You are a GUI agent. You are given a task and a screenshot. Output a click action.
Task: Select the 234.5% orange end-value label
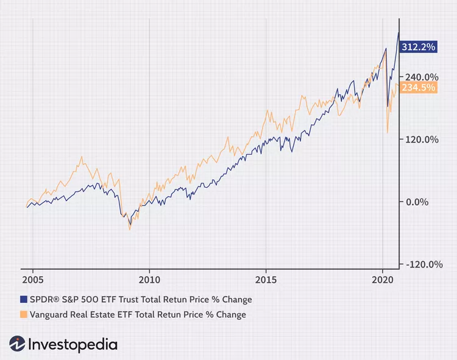pos(419,88)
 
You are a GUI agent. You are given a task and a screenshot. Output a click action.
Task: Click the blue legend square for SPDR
pos(24,300)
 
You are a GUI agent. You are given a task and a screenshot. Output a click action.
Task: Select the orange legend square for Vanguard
pos(24,315)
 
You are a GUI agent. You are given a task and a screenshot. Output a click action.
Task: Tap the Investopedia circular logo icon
pos(16,344)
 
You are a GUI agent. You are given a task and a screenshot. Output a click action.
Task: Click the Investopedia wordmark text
pos(73,344)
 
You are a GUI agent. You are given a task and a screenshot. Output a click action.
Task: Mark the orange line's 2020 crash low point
pos(388,132)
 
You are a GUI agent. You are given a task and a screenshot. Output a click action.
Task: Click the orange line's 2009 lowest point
pos(130,230)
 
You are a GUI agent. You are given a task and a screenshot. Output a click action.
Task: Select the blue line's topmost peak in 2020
pos(399,33)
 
